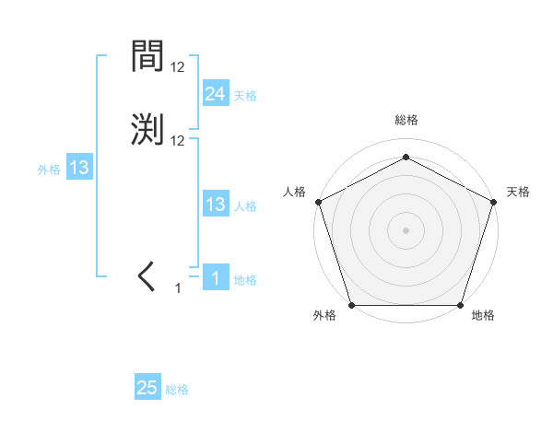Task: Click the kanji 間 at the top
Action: [x=148, y=58]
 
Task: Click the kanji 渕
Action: [x=148, y=129]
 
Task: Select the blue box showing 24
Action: [x=215, y=93]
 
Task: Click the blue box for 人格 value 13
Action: [x=215, y=205]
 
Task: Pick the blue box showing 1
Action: [x=215, y=278]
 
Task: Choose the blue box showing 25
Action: [x=147, y=388]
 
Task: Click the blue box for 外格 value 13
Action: [x=78, y=168]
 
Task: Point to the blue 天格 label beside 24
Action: [x=245, y=95]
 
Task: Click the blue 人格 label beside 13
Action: [x=245, y=206]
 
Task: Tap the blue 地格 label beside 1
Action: [x=245, y=280]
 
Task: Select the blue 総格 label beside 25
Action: [x=177, y=390]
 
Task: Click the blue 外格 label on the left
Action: [x=49, y=170]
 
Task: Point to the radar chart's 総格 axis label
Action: [x=406, y=120]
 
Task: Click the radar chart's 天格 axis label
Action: [x=518, y=192]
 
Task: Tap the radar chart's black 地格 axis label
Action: [x=483, y=316]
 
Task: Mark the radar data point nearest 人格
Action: [x=318, y=201]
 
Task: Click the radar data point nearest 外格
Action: [x=352, y=305]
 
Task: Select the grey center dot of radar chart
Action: [x=406, y=229]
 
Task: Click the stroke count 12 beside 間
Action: [x=178, y=67]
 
